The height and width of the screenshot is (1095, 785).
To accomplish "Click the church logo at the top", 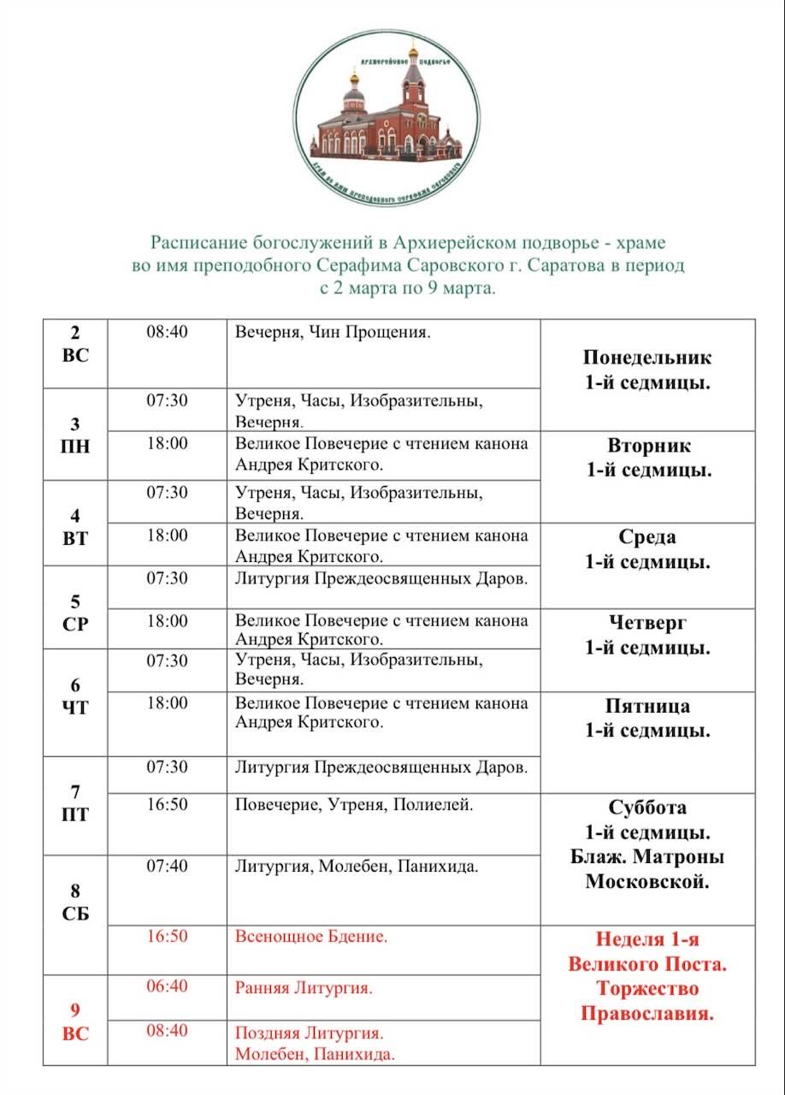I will (390, 117).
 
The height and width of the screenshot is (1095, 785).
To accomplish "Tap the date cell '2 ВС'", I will (75, 344).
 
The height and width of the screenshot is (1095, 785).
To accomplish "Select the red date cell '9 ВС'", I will (75, 1021).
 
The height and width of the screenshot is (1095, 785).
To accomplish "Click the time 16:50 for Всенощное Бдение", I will (167, 937).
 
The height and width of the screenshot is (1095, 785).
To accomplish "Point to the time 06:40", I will (167, 987).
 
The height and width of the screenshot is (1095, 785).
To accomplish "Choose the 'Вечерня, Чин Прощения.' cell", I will (333, 332).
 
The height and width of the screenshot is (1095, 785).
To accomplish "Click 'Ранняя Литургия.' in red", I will (304, 988).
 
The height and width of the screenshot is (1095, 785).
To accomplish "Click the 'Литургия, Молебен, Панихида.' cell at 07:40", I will (357, 867).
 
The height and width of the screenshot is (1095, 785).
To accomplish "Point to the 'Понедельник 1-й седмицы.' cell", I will (647, 370).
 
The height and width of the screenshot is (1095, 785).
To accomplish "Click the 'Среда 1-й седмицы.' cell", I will (647, 550).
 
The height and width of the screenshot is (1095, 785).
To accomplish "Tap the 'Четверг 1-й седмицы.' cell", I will (647, 635).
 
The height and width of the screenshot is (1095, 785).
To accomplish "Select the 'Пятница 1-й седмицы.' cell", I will (647, 719).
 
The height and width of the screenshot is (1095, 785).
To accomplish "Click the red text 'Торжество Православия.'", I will (647, 1002).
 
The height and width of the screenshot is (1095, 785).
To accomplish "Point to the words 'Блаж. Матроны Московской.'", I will (647, 869).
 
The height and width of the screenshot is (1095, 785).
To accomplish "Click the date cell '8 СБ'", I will (75, 902).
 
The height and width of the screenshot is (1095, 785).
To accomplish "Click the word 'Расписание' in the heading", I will (195, 242).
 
